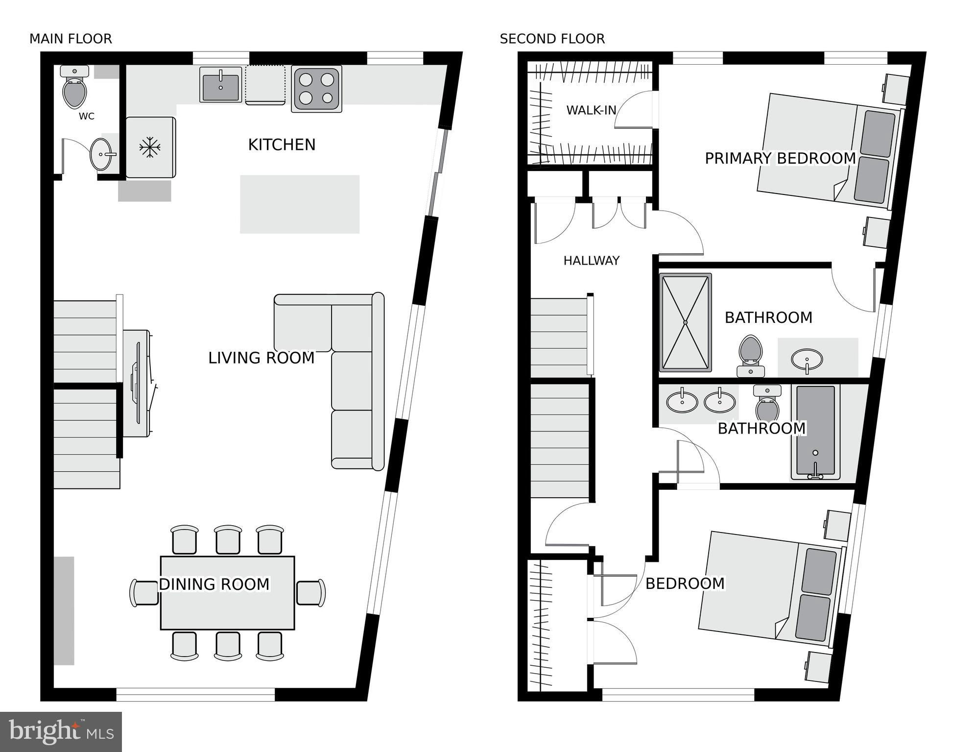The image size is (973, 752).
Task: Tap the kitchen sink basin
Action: (221, 85)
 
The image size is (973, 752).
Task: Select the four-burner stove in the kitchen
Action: (316, 89)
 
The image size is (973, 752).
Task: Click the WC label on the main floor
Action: (87, 116)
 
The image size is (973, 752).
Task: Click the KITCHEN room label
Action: (282, 145)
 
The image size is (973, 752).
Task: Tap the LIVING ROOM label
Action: (261, 358)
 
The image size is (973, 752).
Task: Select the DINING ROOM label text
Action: (214, 584)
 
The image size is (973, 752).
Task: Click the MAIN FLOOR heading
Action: (71, 39)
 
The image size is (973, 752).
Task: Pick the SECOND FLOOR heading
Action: (552, 39)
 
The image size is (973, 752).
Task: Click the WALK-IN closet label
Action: (591, 110)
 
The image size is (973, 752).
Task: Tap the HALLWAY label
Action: (592, 261)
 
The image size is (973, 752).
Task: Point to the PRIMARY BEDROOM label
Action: (781, 158)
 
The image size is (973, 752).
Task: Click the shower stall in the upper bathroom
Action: (685, 322)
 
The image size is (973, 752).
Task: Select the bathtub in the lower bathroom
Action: (815, 432)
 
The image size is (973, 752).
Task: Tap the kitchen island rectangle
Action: (300, 204)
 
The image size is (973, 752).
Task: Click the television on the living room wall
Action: (136, 383)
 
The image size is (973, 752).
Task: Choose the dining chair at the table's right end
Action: (311, 593)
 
